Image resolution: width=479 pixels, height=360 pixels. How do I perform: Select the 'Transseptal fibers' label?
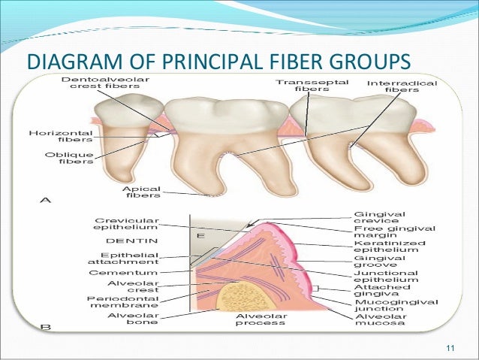point(311,85)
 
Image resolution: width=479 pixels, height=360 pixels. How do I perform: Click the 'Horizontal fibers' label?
point(61,135)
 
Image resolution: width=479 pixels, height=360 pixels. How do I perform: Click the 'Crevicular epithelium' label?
point(125,222)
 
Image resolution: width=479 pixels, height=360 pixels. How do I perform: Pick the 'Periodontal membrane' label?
point(123,302)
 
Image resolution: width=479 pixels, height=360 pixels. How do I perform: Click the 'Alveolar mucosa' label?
point(379,321)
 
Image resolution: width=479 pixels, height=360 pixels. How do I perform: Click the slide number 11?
point(450,346)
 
